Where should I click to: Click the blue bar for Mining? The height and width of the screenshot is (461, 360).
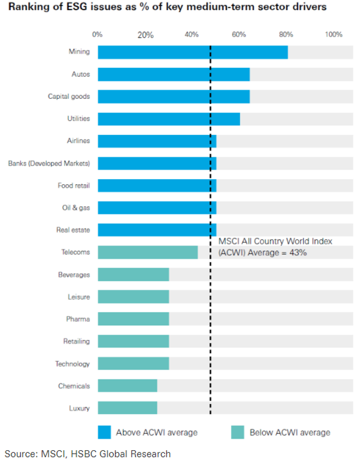pyautogui.click(x=192, y=52)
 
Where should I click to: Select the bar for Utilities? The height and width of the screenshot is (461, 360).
pyautogui.click(x=169, y=119)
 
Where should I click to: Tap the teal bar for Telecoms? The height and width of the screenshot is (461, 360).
pyautogui.click(x=148, y=253)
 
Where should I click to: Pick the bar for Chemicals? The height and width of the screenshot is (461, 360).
pyautogui.click(x=128, y=386)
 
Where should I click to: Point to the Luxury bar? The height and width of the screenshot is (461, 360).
pyautogui.click(x=128, y=409)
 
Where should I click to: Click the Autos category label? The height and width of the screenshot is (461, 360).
pyautogui.click(x=81, y=74)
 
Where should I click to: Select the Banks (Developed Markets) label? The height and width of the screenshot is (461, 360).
pyautogui.click(x=49, y=164)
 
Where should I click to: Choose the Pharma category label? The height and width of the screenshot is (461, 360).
pyautogui.click(x=78, y=319)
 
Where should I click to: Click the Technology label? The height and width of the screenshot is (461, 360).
pyautogui.click(x=73, y=364)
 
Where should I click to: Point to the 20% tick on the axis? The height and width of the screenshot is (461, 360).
pyautogui.click(x=146, y=35)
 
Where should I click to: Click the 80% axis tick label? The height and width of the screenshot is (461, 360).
pyautogui.click(x=286, y=34)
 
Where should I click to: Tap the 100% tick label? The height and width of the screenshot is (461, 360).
pyautogui.click(x=334, y=34)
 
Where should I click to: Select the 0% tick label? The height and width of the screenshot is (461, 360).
pyautogui.click(x=97, y=34)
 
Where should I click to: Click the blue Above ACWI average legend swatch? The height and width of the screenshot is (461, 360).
pyautogui.click(x=104, y=432)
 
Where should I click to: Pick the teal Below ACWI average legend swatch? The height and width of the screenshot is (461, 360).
pyautogui.click(x=238, y=432)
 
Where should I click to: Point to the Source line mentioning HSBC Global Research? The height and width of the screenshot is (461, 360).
pyautogui.click(x=87, y=454)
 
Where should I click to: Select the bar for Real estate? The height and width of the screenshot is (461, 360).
pyautogui.click(x=157, y=230)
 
